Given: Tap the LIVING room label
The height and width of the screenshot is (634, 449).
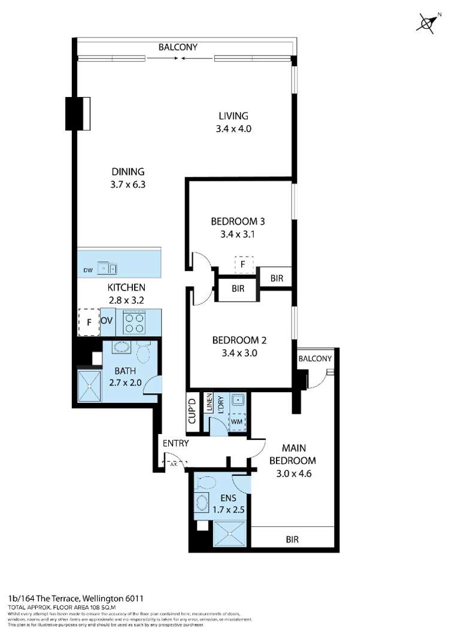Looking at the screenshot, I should pos(233,116).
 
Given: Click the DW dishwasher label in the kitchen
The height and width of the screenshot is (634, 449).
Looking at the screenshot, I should pos(87,269).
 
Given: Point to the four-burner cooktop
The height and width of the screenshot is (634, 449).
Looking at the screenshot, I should pos(135,324).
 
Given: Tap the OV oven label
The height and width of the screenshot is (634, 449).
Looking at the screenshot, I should pos(107,321).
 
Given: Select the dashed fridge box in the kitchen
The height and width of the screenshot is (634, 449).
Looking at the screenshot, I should pos(89,322).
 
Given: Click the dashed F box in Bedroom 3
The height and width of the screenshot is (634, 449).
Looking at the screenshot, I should pos(243,263).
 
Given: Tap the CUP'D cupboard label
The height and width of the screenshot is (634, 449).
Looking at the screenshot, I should pos(193,411).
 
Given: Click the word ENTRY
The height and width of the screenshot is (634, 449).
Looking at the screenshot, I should pos(175,444).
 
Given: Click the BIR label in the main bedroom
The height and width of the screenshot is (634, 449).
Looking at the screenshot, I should pos(292,539).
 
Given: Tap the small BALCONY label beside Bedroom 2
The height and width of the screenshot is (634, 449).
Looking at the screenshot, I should pos(314,359).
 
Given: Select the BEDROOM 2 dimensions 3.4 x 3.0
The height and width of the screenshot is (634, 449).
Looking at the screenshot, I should pos(239,353).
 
